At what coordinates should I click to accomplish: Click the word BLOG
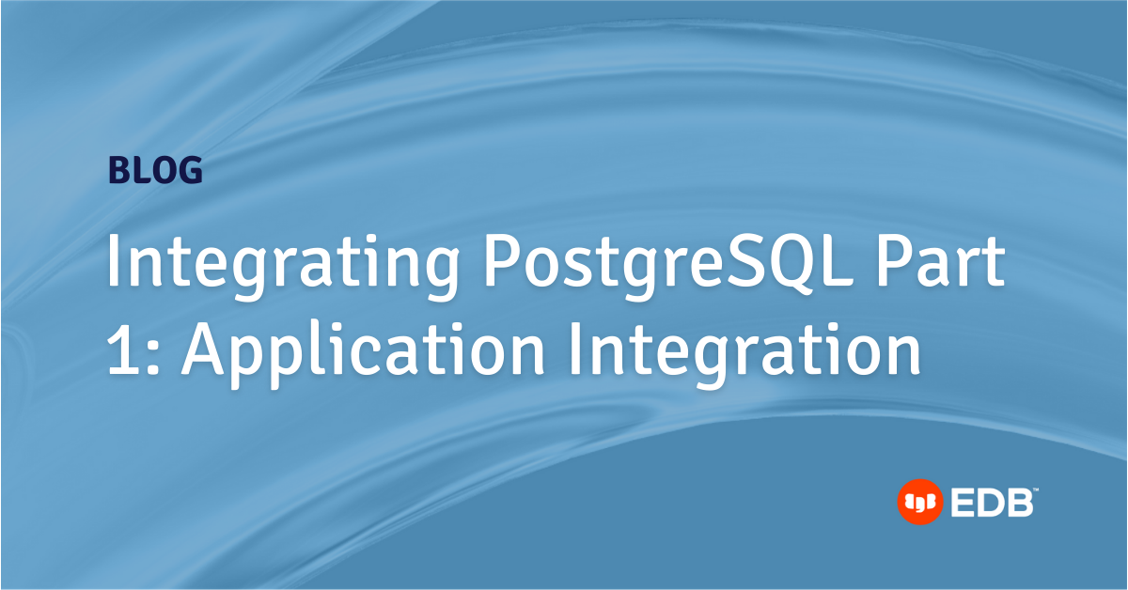(x=155, y=170)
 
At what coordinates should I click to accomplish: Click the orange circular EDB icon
(x=918, y=503)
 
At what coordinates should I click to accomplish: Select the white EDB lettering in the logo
(x=991, y=504)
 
